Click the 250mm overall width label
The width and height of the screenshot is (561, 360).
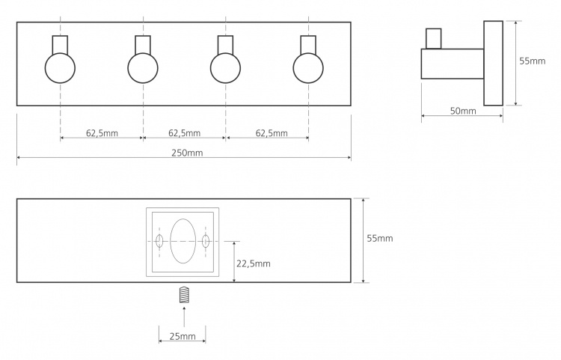coord(187,153)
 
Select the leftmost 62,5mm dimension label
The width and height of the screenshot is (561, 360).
coord(102,133)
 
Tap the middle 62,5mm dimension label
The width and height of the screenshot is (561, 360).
coord(184,133)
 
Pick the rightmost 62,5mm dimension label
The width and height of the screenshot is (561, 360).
coord(272,133)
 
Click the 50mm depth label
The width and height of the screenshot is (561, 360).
coord(463,111)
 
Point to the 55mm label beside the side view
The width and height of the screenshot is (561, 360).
coord(533,61)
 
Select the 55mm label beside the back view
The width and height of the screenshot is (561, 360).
coord(379,238)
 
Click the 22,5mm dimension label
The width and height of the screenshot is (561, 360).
coord(254,263)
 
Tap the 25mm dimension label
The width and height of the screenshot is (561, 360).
coord(183,336)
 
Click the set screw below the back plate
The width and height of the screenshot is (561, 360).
coord(183,295)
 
